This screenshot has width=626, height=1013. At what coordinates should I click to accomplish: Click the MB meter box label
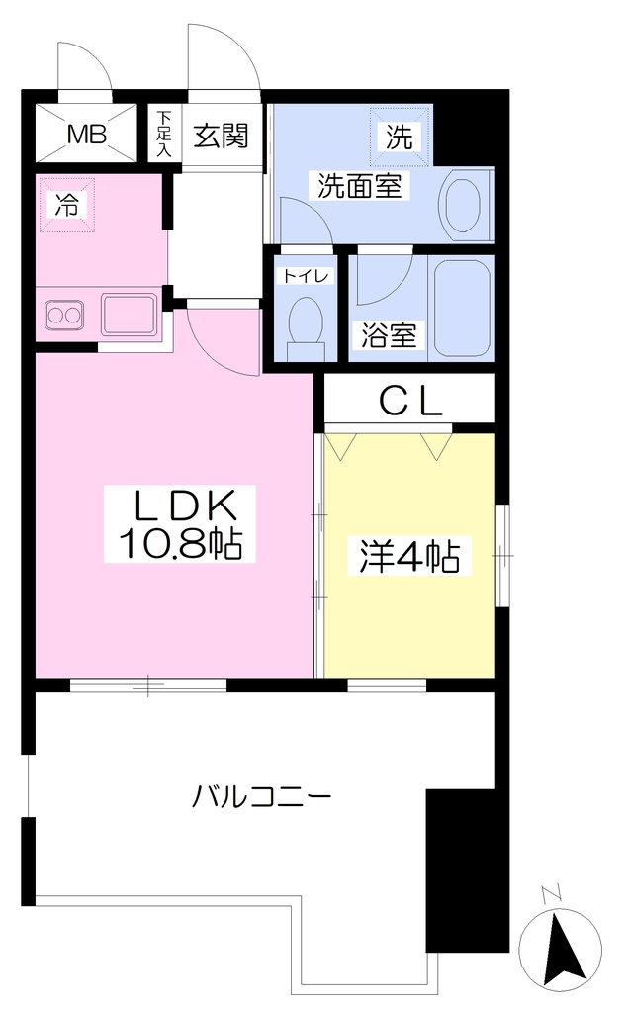click(87, 135)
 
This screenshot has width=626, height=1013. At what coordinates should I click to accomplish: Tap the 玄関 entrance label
click(221, 136)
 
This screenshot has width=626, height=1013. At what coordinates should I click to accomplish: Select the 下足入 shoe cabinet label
click(165, 135)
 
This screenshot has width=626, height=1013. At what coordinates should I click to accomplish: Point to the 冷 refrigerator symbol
click(66, 205)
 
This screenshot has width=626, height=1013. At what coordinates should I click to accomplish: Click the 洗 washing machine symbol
click(400, 137)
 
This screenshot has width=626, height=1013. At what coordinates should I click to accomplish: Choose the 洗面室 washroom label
click(359, 186)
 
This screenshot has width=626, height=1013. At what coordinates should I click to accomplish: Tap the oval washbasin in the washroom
click(463, 205)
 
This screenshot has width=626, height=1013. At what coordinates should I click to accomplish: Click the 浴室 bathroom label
click(389, 335)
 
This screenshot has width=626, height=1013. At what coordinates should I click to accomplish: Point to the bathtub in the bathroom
click(463, 309)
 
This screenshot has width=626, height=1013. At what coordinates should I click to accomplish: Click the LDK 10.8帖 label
click(180, 524)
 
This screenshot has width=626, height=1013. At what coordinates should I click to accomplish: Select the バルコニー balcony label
click(262, 796)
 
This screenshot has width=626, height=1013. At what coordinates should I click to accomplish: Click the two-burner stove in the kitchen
click(63, 316)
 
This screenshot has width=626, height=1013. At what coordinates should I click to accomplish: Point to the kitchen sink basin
click(129, 316)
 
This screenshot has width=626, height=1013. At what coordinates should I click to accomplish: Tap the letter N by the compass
click(551, 894)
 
